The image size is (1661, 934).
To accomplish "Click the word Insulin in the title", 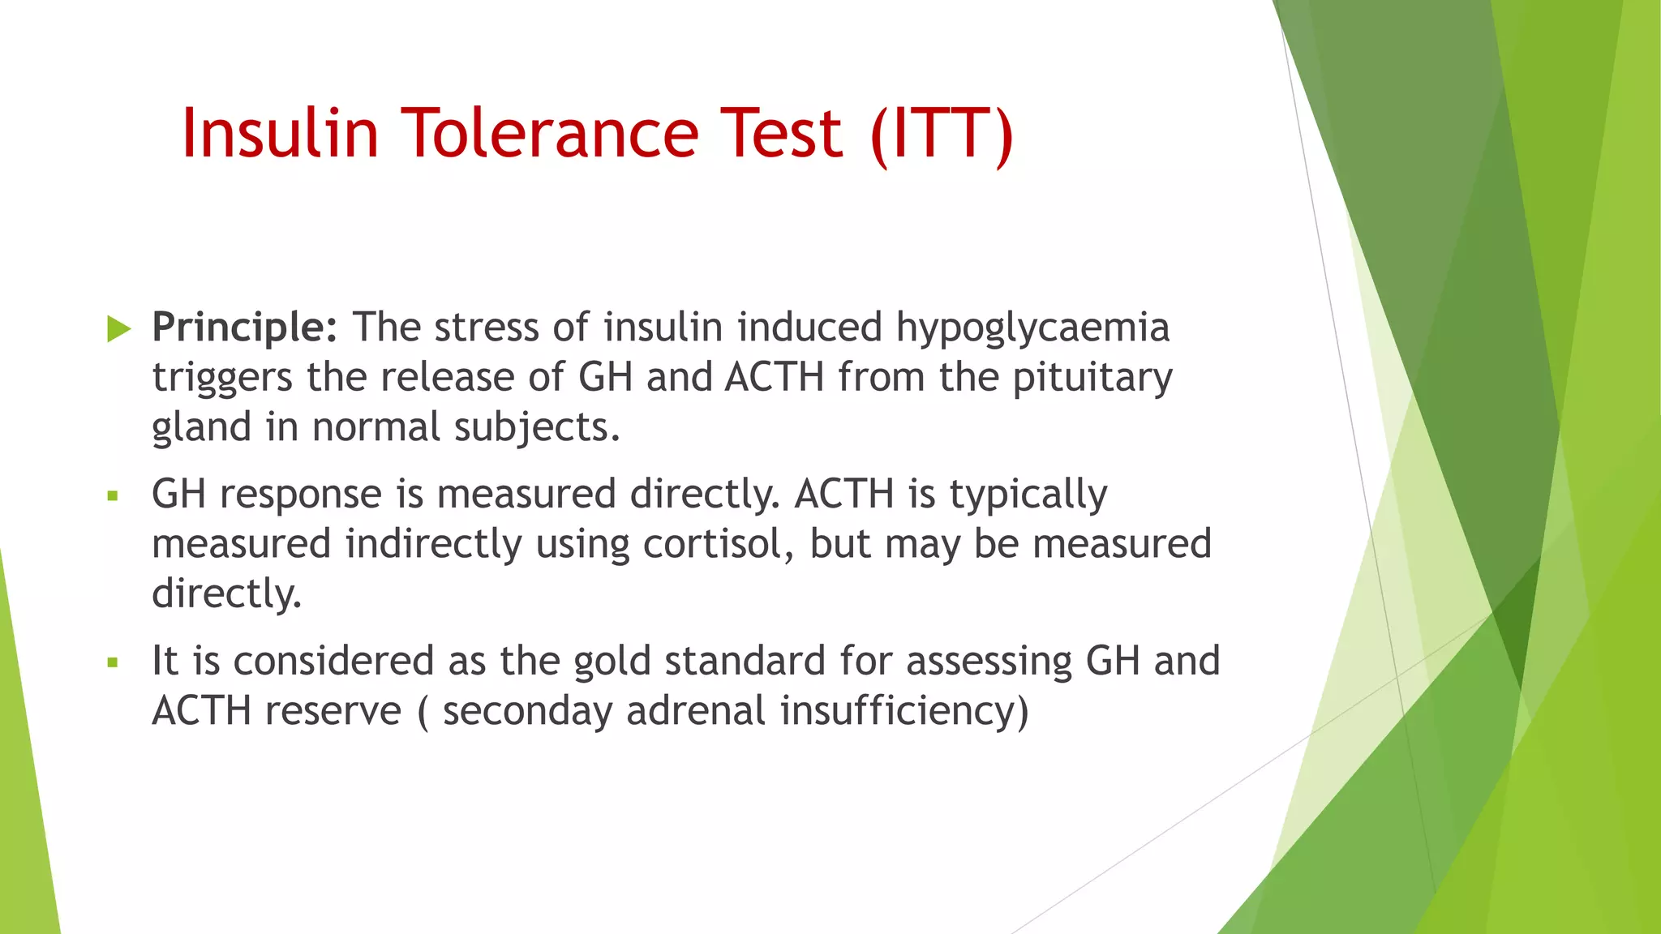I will pos(280,134).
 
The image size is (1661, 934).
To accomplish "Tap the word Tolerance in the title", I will pos(551,134).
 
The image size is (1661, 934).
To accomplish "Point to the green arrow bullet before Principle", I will pos(118,329).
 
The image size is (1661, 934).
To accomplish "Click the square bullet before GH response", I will pos(113,495).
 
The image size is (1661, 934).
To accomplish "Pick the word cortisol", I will pos(718,544).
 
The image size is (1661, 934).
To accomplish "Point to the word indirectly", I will pos(433,544).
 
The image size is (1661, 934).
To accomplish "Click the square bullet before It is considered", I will pos(113,662).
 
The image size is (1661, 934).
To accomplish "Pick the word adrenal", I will pos(695,712).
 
